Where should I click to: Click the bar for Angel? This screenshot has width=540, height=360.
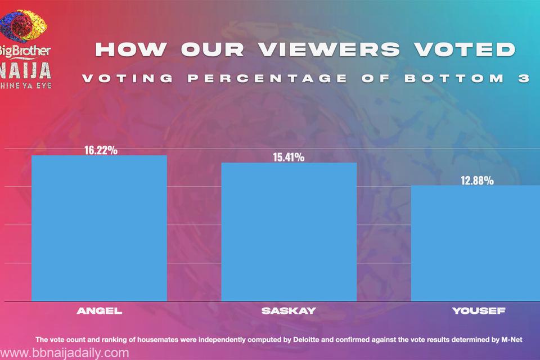(99, 228)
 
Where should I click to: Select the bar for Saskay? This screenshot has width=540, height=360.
(289, 231)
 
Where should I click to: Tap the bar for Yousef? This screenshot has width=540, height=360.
(475, 243)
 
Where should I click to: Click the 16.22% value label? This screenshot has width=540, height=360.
(101, 150)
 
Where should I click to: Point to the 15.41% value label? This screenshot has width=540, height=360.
(289, 157)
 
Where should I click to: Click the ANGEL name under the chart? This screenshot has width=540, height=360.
(99, 311)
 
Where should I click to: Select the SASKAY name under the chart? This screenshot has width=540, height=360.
(289, 311)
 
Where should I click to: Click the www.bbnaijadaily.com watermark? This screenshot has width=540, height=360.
(65, 353)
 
